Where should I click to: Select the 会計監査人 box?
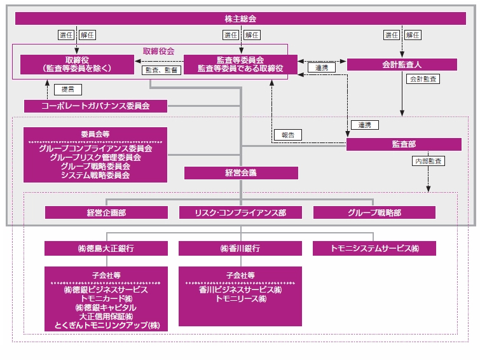tap(401, 64)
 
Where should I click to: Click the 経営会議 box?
tap(240, 172)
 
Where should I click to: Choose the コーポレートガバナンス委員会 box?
tap(95, 106)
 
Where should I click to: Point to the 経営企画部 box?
tap(106, 212)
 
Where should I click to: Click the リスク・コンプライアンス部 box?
tap(240, 212)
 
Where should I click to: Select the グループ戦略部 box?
tap(374, 212)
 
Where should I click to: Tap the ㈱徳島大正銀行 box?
tap(106, 249)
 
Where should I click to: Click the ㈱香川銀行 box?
tap(240, 249)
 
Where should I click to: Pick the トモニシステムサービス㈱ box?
tap(374, 249)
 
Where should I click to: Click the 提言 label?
tap(65, 89)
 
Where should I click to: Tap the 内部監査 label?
tap(429, 162)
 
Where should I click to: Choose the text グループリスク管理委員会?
tap(95, 157)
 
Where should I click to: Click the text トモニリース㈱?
tap(240, 298)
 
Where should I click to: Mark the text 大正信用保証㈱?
tap(106, 316)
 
